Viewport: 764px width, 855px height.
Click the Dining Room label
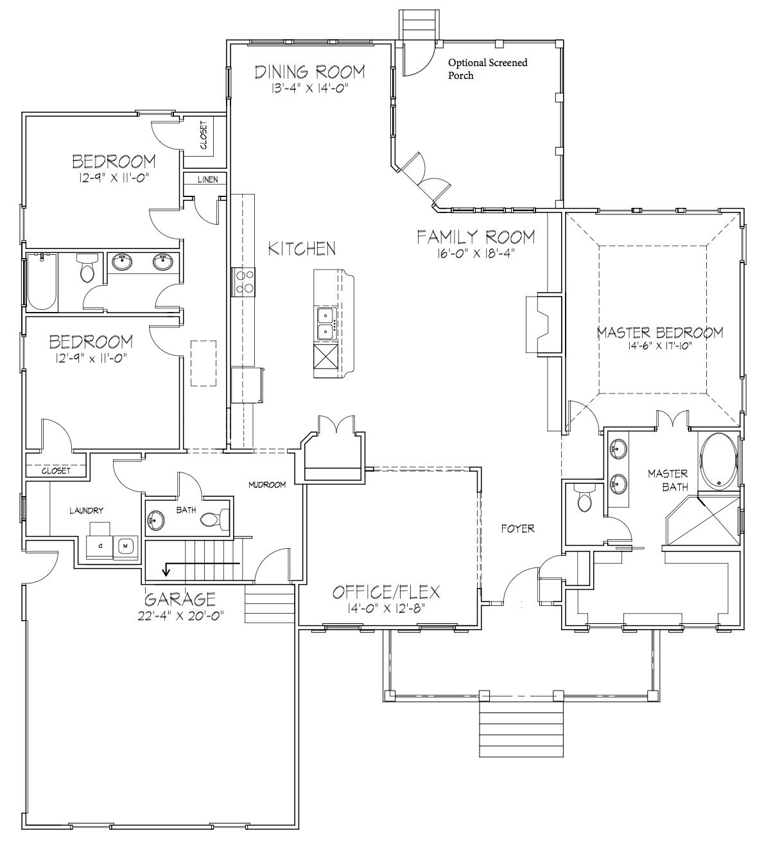[x=310, y=72]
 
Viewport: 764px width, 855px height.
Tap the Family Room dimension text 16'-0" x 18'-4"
[x=476, y=253]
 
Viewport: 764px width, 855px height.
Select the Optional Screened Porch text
[x=487, y=69]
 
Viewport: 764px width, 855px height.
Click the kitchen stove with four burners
[x=243, y=282]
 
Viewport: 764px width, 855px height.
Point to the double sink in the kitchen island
[x=326, y=324]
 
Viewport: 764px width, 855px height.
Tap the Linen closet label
[x=207, y=180]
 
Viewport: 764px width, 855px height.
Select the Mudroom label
[x=267, y=485]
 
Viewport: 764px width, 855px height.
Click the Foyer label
[x=518, y=528]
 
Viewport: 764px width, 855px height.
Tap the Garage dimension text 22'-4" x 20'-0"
[x=180, y=616]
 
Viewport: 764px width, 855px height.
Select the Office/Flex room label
[x=386, y=592]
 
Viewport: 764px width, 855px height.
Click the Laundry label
[x=86, y=511]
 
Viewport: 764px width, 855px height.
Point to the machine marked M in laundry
[x=125, y=546]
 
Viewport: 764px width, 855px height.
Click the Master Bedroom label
[x=660, y=333]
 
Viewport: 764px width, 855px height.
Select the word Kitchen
[x=302, y=249]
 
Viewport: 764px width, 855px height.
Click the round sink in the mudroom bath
[x=157, y=519]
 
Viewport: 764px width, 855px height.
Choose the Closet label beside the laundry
[x=56, y=471]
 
